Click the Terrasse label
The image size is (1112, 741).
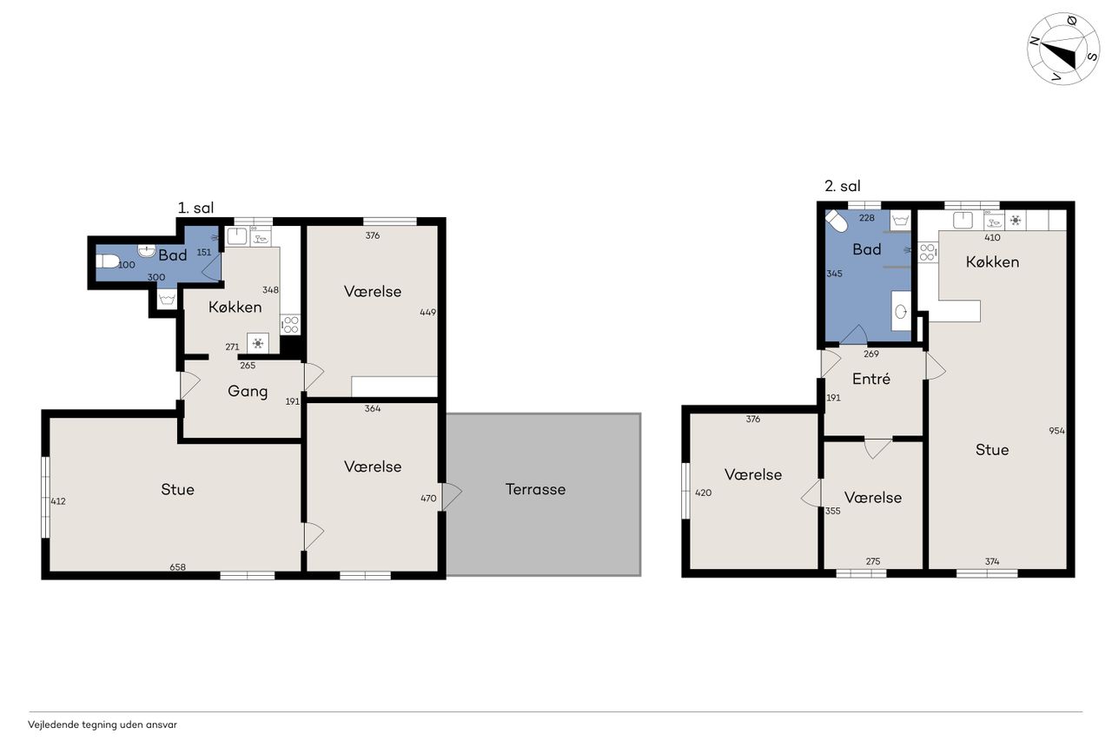(535, 489)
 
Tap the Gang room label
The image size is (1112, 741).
(248, 392)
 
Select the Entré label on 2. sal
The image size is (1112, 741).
(870, 379)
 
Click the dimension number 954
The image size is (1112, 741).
(1056, 431)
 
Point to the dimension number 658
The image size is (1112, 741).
(178, 566)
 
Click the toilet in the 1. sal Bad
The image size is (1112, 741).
(107, 261)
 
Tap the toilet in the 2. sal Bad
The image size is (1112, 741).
(837, 222)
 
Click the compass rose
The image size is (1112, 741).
(1062, 49)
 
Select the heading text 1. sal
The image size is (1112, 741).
(195, 208)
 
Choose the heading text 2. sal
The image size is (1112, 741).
(843, 186)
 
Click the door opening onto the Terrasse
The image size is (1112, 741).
(451, 496)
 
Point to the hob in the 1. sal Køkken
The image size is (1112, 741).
(290, 325)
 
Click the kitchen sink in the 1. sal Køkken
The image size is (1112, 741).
(237, 237)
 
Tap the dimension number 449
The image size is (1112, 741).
(428, 312)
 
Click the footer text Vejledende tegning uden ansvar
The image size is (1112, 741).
(103, 724)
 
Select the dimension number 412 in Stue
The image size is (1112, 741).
(58, 501)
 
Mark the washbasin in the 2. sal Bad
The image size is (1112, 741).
(901, 312)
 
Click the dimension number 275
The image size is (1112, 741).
(873, 561)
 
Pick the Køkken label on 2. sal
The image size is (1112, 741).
(992, 262)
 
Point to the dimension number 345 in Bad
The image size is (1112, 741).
(835, 274)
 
